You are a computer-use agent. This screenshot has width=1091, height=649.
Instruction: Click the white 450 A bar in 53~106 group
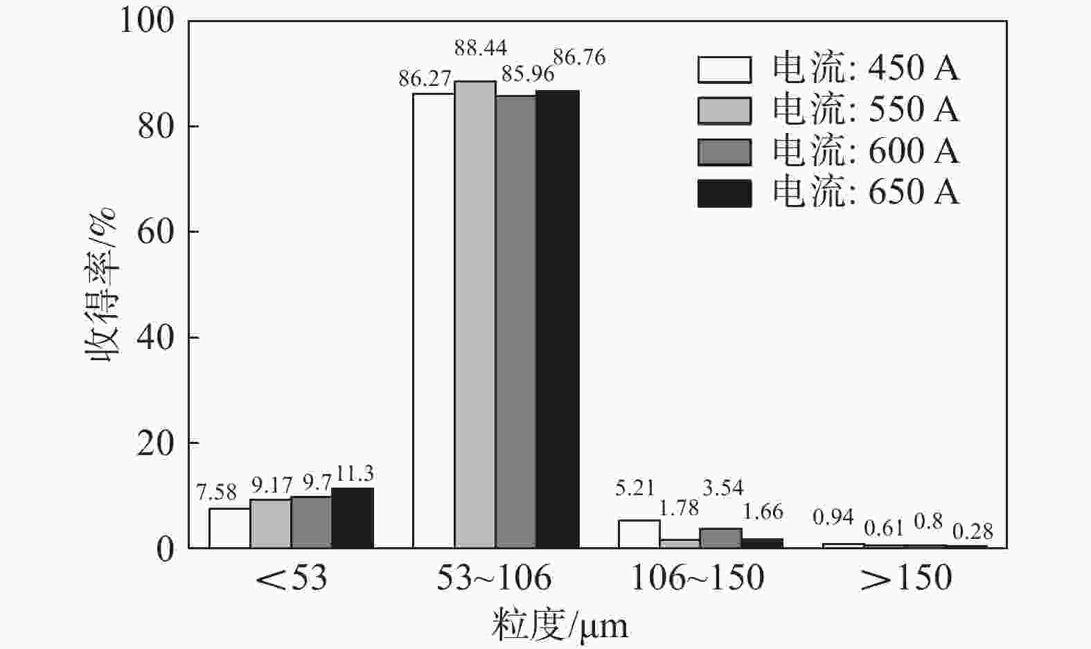(434, 320)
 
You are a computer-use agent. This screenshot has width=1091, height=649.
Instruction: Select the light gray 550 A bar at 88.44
(475, 314)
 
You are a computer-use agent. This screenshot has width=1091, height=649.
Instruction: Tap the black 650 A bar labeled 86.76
(558, 319)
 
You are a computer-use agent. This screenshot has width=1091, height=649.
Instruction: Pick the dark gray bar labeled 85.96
(516, 321)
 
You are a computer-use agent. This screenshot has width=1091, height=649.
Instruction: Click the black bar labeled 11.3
(353, 518)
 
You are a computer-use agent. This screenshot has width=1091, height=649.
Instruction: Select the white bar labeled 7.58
(229, 528)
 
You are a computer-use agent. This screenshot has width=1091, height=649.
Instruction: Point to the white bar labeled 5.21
(639, 534)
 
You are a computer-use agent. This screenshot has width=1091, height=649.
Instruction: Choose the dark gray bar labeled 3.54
(721, 538)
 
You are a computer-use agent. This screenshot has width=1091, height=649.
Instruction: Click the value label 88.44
(481, 48)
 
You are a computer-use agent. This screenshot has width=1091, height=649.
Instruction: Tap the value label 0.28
(973, 531)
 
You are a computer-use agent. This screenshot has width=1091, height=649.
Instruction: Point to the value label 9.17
(272, 485)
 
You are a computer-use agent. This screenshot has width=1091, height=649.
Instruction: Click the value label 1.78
(679, 508)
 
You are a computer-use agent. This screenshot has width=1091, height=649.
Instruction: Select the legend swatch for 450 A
(724, 69)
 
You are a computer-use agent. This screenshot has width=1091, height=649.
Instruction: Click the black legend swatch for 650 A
(724, 193)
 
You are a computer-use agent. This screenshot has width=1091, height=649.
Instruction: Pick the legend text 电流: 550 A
(866, 110)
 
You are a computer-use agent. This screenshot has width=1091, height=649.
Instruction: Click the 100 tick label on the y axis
(147, 21)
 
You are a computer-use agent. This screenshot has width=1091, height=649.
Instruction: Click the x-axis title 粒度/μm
(560, 625)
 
